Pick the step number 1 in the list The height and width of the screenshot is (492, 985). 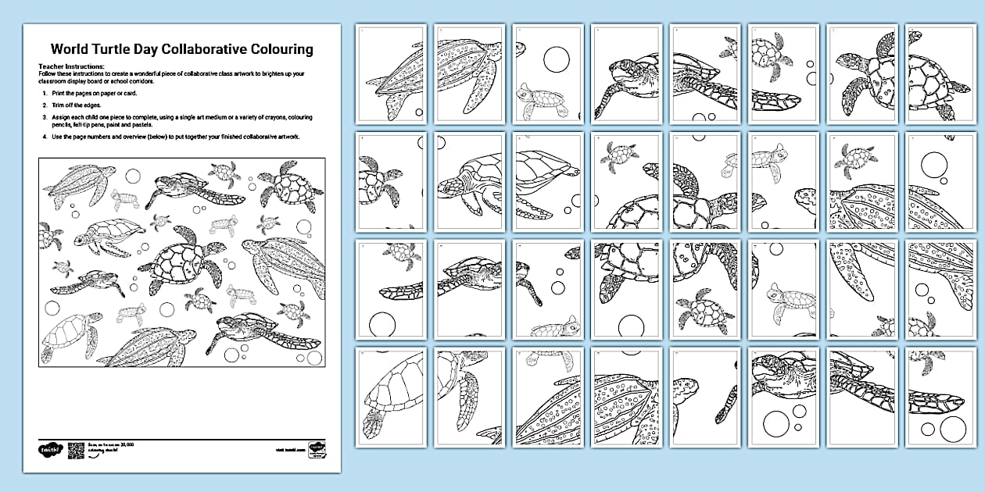pyautogui.click(x=45, y=93)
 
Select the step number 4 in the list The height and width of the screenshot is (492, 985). pyautogui.click(x=45, y=137)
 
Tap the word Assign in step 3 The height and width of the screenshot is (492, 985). pyautogui.click(x=61, y=115)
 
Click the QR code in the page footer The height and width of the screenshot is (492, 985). pyautogui.click(x=76, y=449)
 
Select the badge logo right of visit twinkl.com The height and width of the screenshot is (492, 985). pyautogui.click(x=317, y=450)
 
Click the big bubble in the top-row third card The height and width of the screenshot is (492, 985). pyautogui.click(x=557, y=59)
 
